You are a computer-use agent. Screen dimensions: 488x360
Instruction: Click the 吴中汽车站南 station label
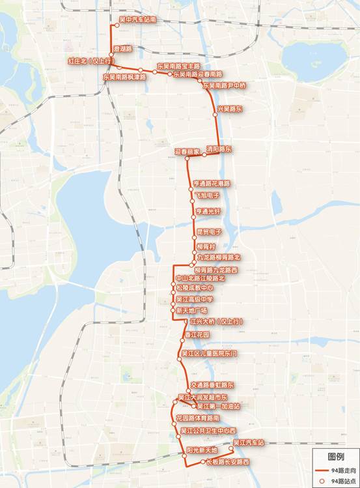(x=138, y=20)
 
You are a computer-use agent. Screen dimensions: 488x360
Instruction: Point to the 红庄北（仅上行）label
(x=88, y=61)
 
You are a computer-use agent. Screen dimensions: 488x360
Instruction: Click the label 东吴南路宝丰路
(x=178, y=66)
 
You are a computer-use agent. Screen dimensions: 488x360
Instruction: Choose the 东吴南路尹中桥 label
(x=225, y=85)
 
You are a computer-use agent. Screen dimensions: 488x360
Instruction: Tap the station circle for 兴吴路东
(x=217, y=114)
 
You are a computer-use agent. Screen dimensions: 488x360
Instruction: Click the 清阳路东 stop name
(x=219, y=149)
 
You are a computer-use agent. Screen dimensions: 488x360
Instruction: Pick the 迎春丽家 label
(x=186, y=151)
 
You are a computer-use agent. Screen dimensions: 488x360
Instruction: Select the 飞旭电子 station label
(x=206, y=195)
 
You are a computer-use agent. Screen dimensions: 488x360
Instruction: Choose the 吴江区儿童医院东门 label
(x=210, y=353)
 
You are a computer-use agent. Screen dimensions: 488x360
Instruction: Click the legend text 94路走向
(x=340, y=469)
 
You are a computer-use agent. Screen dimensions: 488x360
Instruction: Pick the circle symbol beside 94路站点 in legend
(x=321, y=480)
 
